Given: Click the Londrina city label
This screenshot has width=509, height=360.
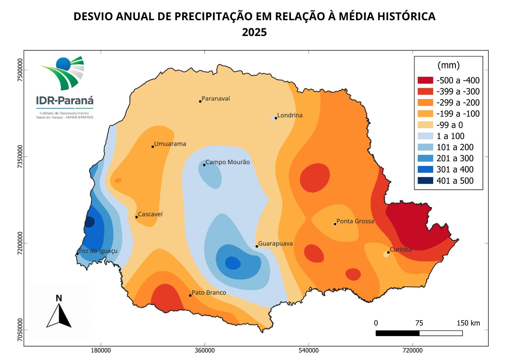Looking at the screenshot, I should [289, 115].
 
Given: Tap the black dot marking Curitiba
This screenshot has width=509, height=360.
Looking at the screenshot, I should [388, 252].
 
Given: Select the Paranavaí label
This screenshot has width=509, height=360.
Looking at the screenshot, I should [215, 99].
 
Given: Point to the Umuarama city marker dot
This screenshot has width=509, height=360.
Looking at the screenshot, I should [153, 147].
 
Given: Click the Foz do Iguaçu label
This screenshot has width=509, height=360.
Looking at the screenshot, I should [98, 251].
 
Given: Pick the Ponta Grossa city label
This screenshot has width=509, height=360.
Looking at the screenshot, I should [355, 221].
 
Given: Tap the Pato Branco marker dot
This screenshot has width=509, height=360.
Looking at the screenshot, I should [190, 295].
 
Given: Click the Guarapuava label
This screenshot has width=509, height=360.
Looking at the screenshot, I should [275, 244].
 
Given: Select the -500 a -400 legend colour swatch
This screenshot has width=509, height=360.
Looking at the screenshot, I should [425, 80].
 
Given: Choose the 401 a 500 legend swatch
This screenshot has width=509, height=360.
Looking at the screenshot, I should [425, 180].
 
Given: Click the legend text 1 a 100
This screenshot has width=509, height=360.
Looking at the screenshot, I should [450, 136].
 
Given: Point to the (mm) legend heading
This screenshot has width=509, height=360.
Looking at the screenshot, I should [449, 65].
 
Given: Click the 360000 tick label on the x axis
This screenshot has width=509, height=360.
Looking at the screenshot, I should [205, 350].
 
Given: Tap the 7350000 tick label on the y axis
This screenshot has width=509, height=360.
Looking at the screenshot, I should [20, 157].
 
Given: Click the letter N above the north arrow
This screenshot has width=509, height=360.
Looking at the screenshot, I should [59, 298].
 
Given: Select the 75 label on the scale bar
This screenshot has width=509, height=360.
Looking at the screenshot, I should [419, 323].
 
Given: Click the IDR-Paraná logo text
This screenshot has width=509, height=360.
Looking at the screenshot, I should [65, 101].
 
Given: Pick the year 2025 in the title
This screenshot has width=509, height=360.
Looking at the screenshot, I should [254, 32].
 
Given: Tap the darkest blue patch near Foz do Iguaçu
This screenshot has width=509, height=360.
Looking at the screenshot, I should [89, 222].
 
